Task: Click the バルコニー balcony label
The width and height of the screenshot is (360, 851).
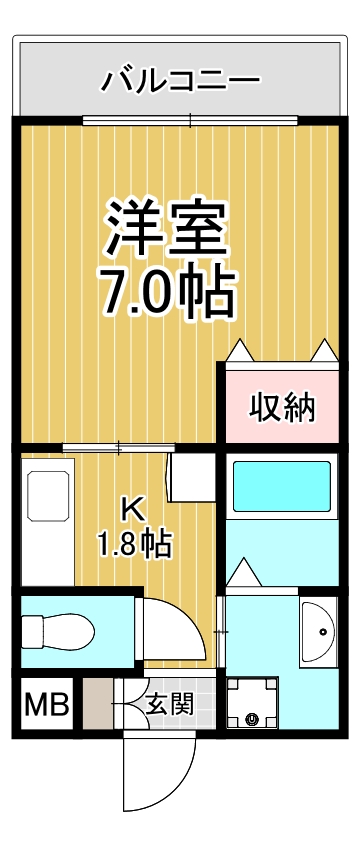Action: click(x=181, y=79)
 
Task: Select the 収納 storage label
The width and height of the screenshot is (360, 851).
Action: click(x=282, y=407)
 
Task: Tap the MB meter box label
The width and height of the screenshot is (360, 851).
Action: click(x=46, y=706)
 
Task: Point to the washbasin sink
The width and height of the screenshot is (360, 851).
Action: click(x=319, y=630)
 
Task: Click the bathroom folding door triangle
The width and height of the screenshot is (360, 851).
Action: click(x=243, y=573)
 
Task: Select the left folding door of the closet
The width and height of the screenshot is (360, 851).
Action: click(x=240, y=352)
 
